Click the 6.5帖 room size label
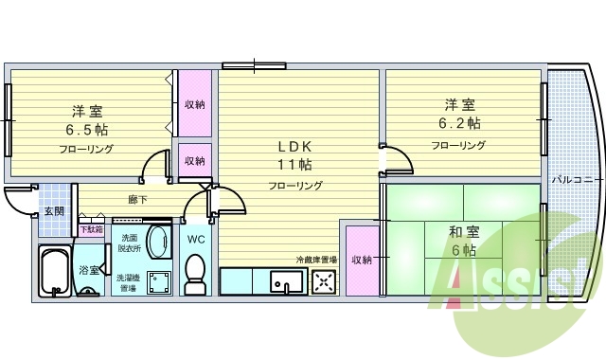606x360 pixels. [86, 129]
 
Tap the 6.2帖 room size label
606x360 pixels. [459, 123]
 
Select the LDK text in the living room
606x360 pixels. [294, 146]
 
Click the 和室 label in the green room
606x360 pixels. [464, 231]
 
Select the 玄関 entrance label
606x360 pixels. [54, 210]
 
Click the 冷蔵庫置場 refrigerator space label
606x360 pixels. [315, 232]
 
